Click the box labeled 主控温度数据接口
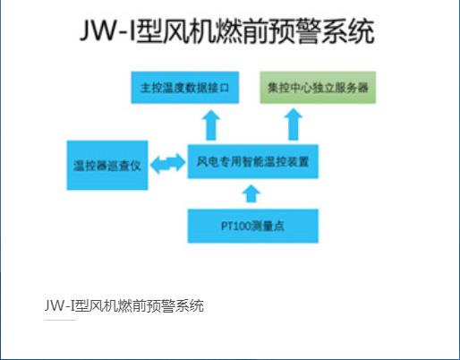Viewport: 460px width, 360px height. pos(185,88)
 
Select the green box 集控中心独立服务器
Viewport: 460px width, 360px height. pos(318,88)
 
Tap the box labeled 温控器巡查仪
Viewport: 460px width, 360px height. pos(107,165)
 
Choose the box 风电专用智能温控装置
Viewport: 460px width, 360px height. pos(252,161)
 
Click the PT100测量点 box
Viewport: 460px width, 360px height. pos(252,226)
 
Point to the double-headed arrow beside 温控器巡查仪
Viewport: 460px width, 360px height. pos(167,164)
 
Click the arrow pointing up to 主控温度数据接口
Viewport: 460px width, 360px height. pos(211,124)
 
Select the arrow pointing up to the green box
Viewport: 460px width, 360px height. pos(294,124)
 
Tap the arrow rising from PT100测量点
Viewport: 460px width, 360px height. pos(251,193)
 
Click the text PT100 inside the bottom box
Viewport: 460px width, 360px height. pos(235,226)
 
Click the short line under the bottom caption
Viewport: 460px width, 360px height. pos(60,320)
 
